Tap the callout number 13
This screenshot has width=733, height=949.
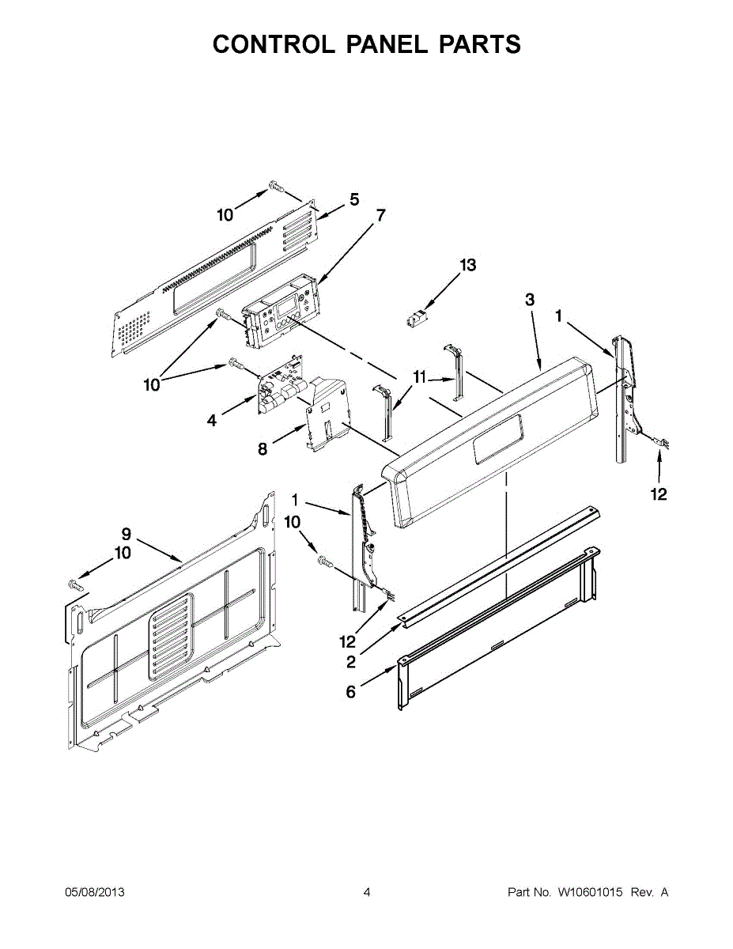[x=468, y=266]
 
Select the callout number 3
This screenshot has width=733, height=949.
[x=530, y=300]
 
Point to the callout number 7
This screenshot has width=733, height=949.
[x=380, y=214]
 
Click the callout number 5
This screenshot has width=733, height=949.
[x=354, y=199]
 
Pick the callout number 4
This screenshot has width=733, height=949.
[x=212, y=421]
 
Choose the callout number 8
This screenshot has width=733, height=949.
[x=263, y=449]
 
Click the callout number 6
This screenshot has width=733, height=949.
[x=350, y=693]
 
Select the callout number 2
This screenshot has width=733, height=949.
[x=350, y=661]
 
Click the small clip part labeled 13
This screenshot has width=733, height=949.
[x=415, y=321]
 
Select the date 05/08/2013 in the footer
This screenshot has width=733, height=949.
[x=94, y=892]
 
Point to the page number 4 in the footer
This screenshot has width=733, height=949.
[x=367, y=892]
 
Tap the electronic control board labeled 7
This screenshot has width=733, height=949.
[x=281, y=312]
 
